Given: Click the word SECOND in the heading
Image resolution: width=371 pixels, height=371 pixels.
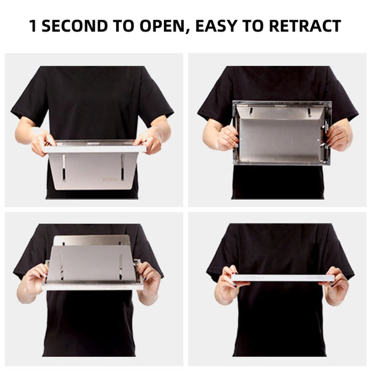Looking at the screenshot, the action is click(x=75, y=26).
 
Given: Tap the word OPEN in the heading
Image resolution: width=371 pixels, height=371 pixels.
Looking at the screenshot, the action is click(x=162, y=26).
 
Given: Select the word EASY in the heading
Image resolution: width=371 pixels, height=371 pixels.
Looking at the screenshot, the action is click(x=216, y=26).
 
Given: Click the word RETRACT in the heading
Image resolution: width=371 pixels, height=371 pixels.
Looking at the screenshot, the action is click(x=305, y=26).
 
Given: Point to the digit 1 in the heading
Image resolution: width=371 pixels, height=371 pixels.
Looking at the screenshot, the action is click(x=33, y=26).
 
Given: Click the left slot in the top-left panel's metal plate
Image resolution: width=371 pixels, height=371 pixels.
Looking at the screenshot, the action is click(x=64, y=168).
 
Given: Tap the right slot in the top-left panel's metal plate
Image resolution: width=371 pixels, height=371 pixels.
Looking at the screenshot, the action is click(x=122, y=168).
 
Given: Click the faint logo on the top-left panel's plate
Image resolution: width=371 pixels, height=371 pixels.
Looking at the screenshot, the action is click(x=109, y=179).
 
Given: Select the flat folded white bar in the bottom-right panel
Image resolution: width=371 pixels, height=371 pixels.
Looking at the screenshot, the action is click(x=283, y=278).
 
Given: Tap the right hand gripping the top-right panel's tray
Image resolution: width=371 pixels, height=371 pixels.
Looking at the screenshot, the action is click(x=338, y=138).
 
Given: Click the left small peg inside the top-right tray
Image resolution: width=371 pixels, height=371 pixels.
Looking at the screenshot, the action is click(x=251, y=111).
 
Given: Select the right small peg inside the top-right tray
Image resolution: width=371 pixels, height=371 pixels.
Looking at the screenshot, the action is click(x=309, y=112).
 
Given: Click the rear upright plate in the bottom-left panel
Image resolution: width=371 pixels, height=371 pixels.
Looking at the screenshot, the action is click(x=92, y=240).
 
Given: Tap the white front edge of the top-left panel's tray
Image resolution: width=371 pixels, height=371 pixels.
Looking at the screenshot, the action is click(x=94, y=149).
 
